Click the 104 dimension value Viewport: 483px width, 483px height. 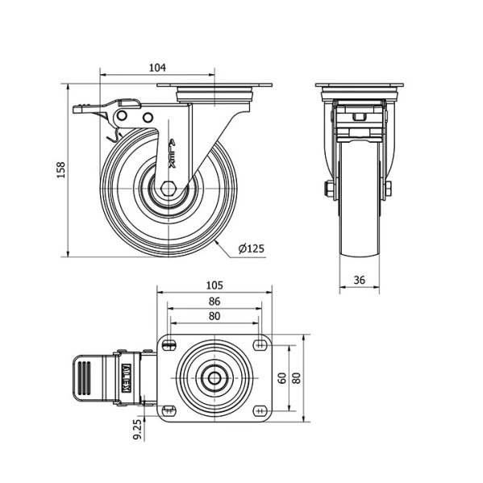[157, 68]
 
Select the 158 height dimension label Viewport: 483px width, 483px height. [61, 169]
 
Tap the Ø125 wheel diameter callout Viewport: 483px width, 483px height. [252, 248]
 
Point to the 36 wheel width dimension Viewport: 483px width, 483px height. [359, 280]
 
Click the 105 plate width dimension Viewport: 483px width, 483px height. [214, 285]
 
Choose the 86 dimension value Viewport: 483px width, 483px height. [214, 301]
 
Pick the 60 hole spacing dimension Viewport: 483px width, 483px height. [282, 378]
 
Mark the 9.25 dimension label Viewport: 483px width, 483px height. [137, 430]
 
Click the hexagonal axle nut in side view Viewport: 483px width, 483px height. [169, 188]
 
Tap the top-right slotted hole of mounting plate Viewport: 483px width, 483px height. [260, 345]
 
